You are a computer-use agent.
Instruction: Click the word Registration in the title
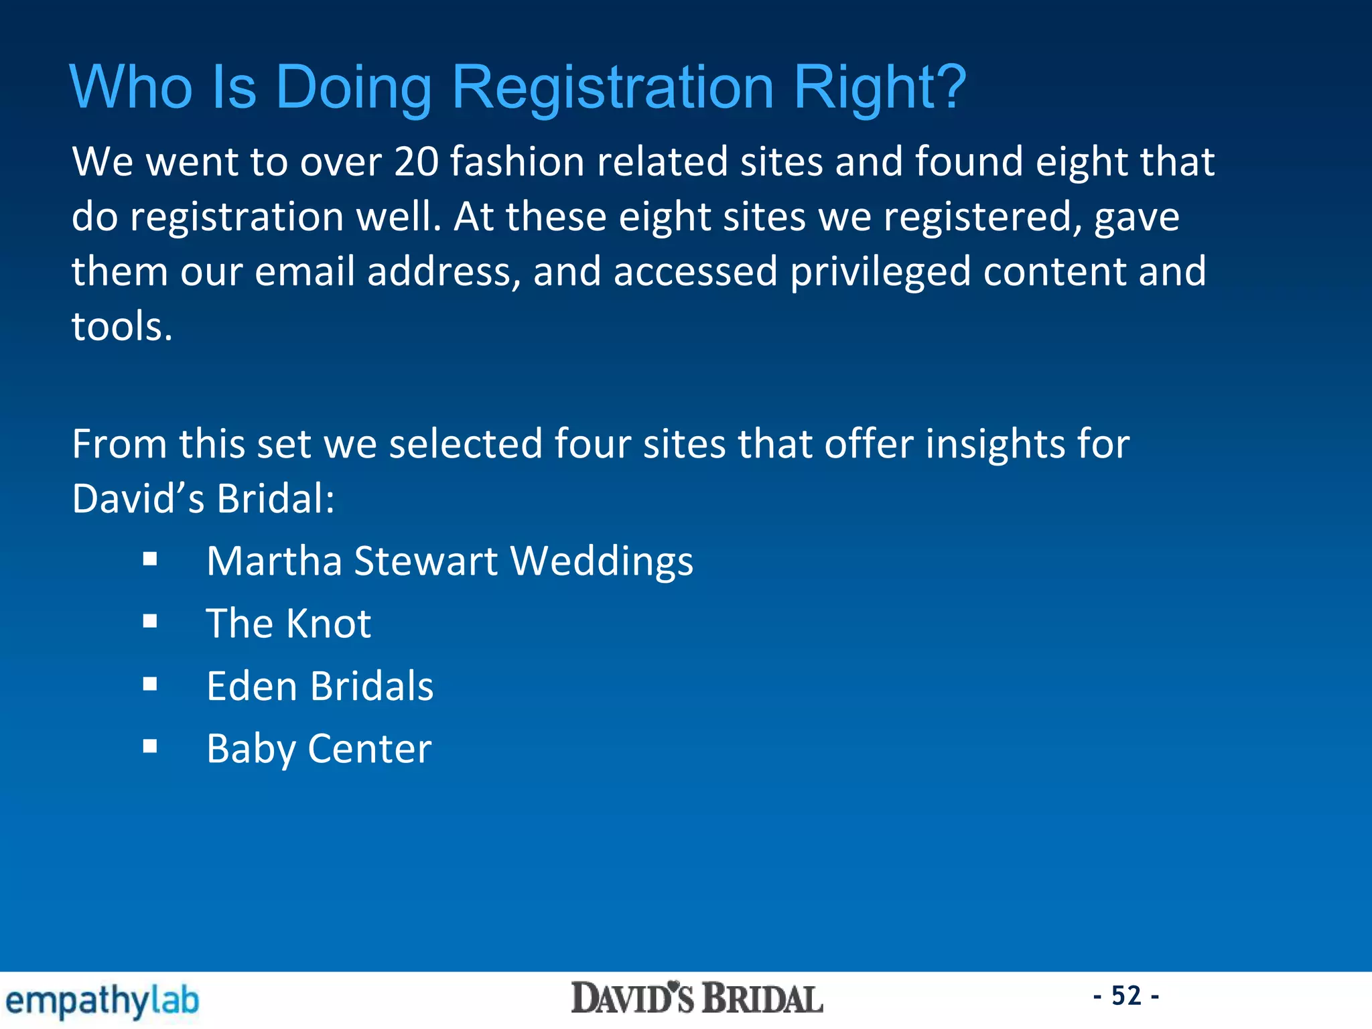[613, 88]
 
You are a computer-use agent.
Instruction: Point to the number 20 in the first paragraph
[416, 162]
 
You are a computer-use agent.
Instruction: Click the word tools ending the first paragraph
[122, 327]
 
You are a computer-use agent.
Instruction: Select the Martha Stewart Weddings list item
[450, 561]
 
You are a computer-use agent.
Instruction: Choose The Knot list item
[288, 624]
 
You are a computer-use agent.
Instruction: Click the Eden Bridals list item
[320, 687]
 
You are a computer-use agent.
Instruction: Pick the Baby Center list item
[319, 749]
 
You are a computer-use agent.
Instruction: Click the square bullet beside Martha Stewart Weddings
[150, 559]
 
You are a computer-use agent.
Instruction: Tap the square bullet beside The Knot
[150, 622]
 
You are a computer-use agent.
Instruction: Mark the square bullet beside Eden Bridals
[150, 684]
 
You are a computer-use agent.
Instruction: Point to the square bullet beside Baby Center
[150, 746]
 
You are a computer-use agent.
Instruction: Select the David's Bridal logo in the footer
[697, 999]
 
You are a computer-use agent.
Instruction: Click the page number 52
[1126, 996]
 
